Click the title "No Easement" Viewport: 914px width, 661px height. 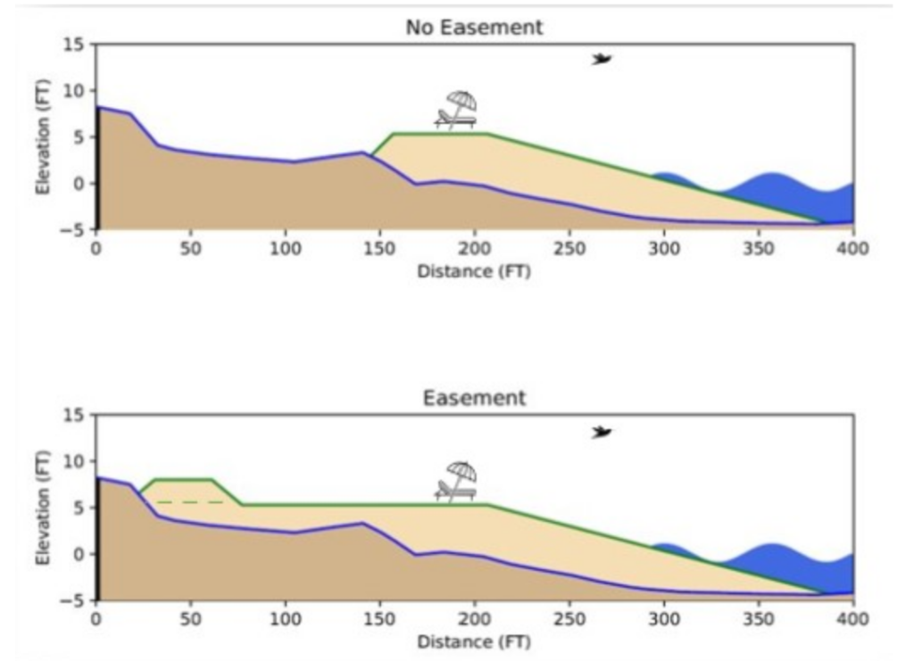click(x=474, y=28)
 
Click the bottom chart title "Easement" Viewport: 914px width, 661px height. click(x=474, y=398)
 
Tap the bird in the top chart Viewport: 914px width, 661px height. click(x=602, y=59)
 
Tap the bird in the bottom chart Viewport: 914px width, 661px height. click(x=603, y=432)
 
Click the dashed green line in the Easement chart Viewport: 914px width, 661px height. click(x=190, y=502)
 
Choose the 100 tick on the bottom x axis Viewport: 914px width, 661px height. click(x=286, y=618)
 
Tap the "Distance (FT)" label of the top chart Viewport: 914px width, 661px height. click(x=474, y=270)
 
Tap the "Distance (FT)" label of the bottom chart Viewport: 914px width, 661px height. click(x=474, y=641)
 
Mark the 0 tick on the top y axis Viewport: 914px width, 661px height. click(x=81, y=183)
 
